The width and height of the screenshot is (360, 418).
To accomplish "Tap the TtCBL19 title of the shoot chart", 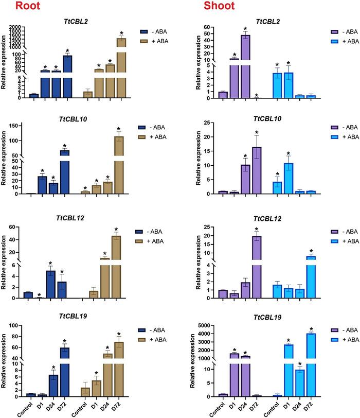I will click(270, 319).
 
